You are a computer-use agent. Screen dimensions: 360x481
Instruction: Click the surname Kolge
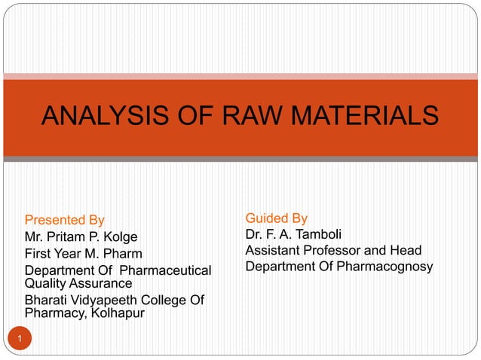(x=120, y=237)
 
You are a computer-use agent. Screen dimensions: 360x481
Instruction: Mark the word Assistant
(x=274, y=250)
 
